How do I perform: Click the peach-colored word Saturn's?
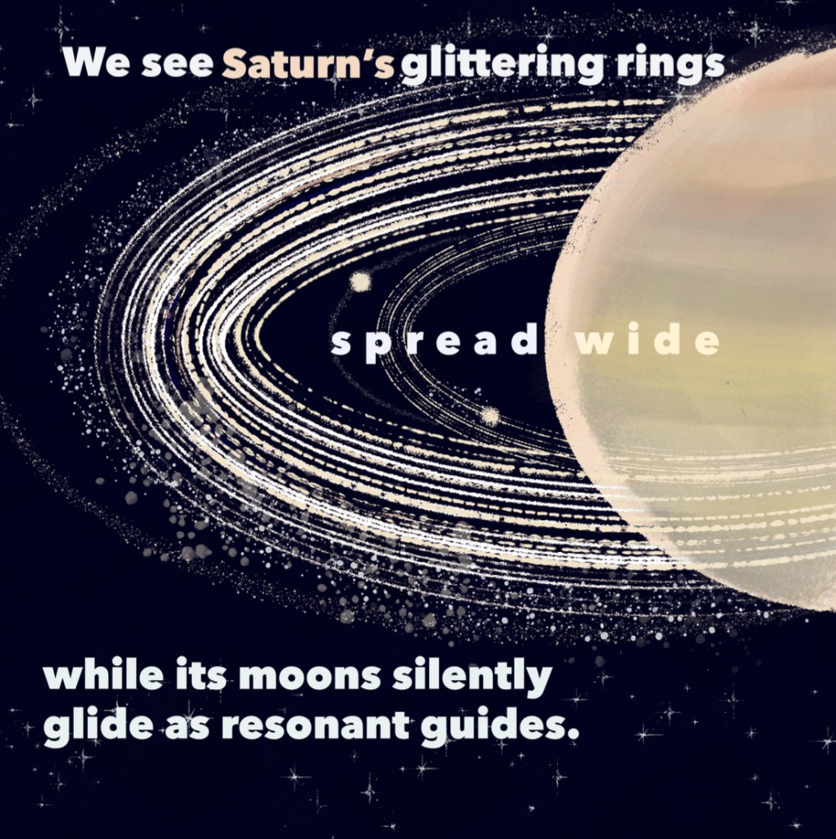[x=308, y=64]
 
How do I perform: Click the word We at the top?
[x=96, y=62]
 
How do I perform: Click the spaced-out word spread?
[x=434, y=343]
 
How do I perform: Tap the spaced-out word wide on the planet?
[x=647, y=340]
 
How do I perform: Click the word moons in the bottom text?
[x=310, y=678]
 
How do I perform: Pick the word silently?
[x=472, y=678]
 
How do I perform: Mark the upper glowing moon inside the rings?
[x=361, y=281]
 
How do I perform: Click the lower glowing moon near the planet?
[x=489, y=416]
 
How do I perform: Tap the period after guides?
[x=573, y=736]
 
